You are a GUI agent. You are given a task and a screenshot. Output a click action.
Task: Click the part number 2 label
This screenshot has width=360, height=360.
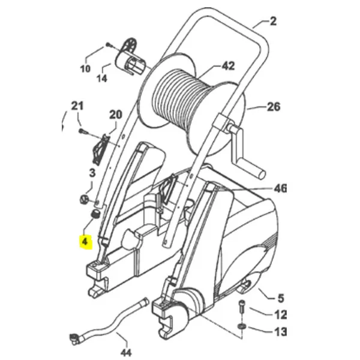pyautogui.click(x=273, y=23)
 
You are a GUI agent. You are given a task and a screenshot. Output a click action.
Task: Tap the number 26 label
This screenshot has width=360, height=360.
pyautogui.click(x=274, y=109)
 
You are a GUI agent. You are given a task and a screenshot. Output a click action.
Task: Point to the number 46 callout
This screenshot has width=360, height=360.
pyautogui.click(x=280, y=189)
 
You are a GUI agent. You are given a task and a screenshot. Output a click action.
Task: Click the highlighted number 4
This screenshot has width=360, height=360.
pyautogui.click(x=86, y=242)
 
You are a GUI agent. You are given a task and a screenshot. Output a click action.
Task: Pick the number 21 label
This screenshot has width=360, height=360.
pyautogui.click(x=76, y=107)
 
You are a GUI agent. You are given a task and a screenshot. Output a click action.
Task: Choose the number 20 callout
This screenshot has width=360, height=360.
pyautogui.click(x=115, y=115)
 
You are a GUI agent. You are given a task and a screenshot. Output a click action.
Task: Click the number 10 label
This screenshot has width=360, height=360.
pyautogui.click(x=85, y=69)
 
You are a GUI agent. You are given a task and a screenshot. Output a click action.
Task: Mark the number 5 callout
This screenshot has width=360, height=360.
pyautogui.click(x=279, y=296)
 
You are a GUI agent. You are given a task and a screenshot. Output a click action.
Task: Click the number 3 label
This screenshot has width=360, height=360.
pyautogui.click(x=92, y=173)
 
